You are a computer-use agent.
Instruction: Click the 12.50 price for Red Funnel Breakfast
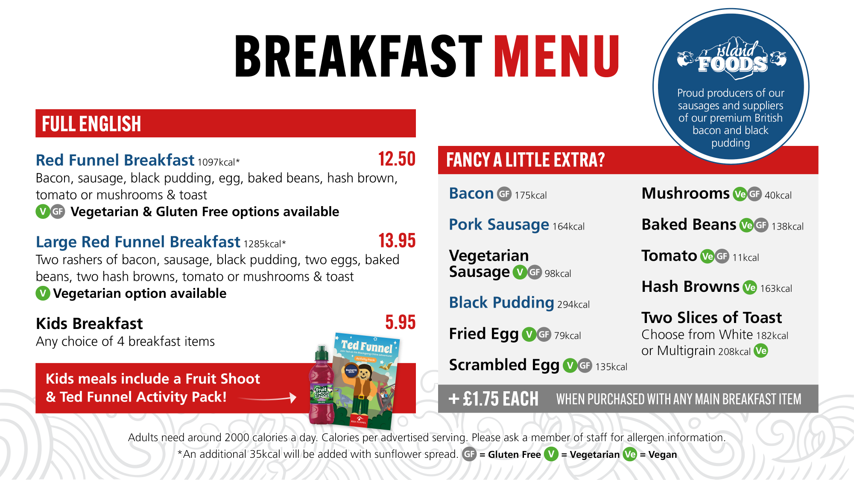(x=397, y=159)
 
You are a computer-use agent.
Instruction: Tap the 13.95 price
(x=397, y=241)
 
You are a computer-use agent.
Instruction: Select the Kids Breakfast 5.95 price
(x=400, y=322)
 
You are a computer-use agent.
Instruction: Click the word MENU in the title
(x=556, y=56)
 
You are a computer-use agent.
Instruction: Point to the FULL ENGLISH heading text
(x=91, y=124)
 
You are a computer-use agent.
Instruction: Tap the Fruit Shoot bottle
(x=321, y=386)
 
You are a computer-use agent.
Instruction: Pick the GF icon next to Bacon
(x=504, y=194)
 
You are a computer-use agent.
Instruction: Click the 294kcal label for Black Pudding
(x=573, y=304)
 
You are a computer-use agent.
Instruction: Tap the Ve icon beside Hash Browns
(x=749, y=288)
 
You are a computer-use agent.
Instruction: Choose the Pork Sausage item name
(x=499, y=224)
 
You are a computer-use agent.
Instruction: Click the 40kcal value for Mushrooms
(x=778, y=195)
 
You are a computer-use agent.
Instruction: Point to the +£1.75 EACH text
(x=494, y=399)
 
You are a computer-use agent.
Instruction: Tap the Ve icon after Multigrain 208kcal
(x=761, y=351)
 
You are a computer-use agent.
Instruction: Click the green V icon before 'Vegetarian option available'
(x=43, y=293)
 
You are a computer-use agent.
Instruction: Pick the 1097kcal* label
(x=219, y=162)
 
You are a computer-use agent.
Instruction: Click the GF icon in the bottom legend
(x=469, y=454)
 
